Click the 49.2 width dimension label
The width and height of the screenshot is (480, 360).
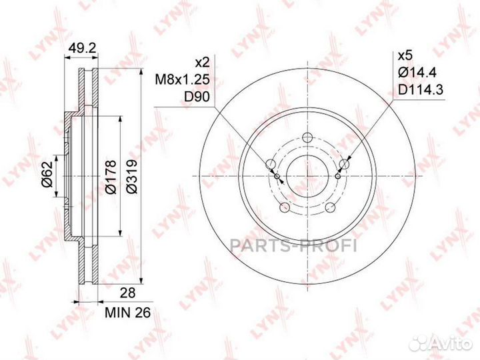(82, 48)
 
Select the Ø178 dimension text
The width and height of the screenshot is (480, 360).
(111, 177)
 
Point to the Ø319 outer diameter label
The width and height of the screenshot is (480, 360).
(132, 177)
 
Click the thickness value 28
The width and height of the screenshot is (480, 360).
(127, 293)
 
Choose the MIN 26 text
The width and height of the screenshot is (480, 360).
(127, 313)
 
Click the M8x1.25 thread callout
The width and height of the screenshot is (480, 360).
(183, 80)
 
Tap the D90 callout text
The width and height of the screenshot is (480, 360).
(197, 97)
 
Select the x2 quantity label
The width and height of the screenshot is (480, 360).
(203, 63)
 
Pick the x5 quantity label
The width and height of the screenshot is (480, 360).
(405, 56)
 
